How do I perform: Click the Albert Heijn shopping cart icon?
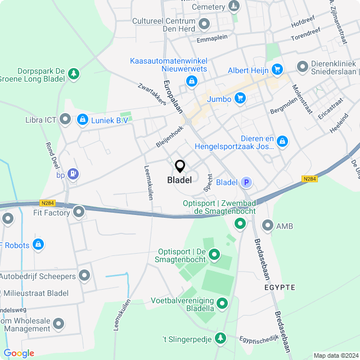(x=276, y=70)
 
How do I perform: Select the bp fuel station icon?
(x=73, y=174)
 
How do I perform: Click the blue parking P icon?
(x=246, y=182)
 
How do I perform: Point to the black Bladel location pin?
(x=180, y=166)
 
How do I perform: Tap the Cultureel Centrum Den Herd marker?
(x=204, y=24)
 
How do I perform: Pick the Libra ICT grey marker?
(x=66, y=119)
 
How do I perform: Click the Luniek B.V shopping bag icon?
(x=83, y=119)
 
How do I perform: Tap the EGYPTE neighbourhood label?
(x=280, y=287)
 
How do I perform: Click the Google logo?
(x=19, y=353)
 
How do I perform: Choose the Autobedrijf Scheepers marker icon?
(x=84, y=276)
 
